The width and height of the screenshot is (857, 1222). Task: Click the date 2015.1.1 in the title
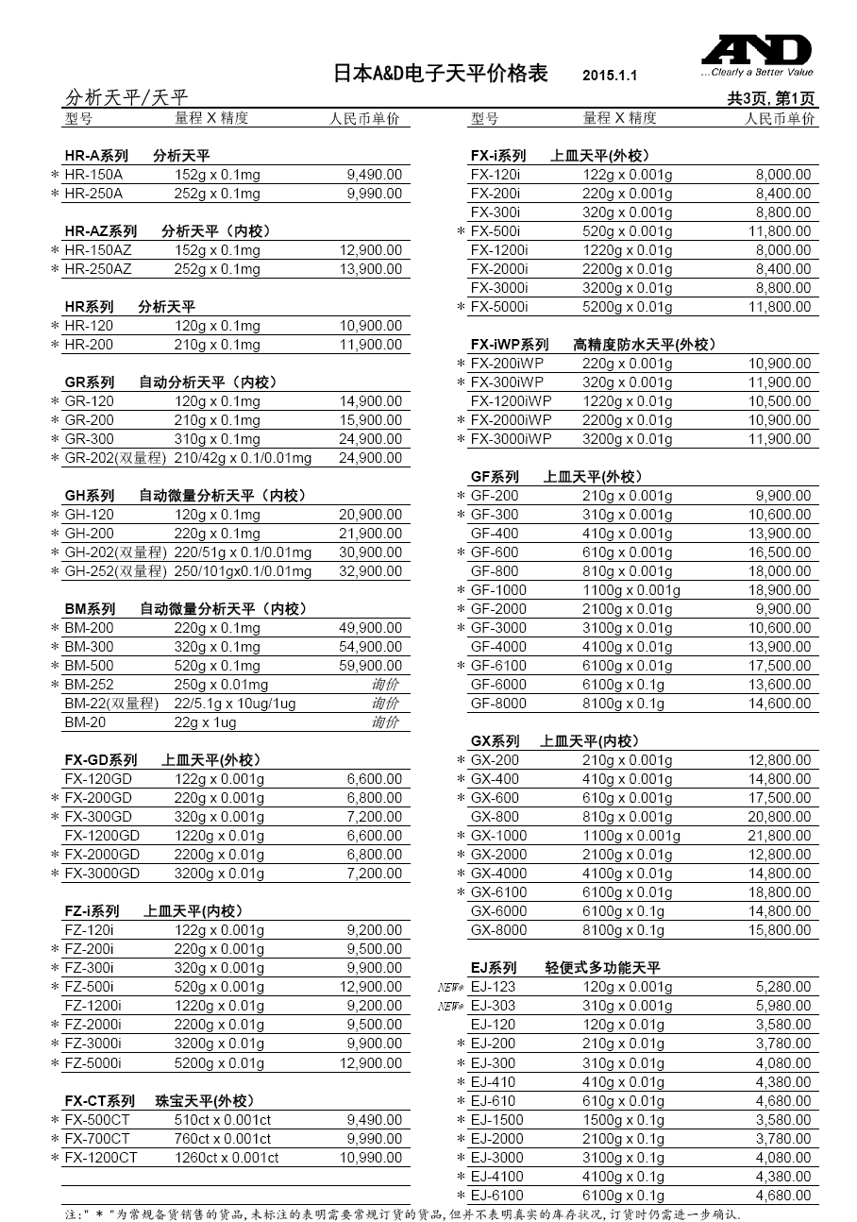tap(610, 76)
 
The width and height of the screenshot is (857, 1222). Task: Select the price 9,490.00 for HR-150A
tap(375, 175)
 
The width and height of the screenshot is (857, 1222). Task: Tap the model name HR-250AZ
tap(98, 269)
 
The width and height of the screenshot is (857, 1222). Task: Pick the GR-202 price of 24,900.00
tap(370, 458)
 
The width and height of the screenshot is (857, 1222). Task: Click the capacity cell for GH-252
tap(243, 571)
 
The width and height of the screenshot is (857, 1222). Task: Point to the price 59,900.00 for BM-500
tap(370, 666)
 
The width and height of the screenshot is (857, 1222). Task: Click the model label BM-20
tap(85, 722)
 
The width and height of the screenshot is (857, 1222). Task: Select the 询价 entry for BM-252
tap(385, 685)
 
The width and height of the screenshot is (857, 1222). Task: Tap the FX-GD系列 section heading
tap(101, 760)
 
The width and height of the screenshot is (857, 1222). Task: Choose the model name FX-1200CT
tap(101, 1158)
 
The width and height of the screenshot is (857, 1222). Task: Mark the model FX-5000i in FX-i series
tap(499, 307)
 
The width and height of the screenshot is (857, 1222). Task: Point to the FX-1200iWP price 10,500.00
tap(780, 401)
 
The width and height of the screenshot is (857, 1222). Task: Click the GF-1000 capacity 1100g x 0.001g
tap(631, 590)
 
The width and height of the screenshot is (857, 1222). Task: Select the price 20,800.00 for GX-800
tap(780, 817)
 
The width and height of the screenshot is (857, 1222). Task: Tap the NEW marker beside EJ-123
tap(451, 987)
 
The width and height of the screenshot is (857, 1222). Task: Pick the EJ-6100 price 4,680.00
tap(783, 1196)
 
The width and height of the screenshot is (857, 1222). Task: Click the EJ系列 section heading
tap(494, 968)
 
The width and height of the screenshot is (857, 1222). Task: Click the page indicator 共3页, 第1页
tap(771, 98)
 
